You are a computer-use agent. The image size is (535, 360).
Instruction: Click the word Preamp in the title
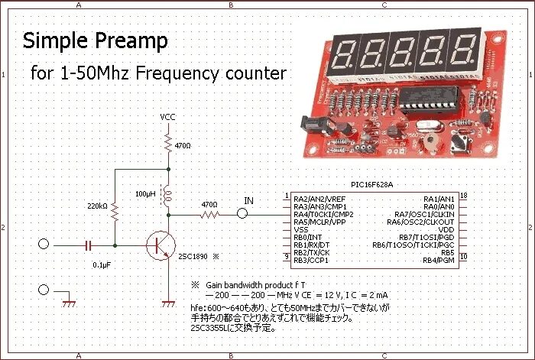131,40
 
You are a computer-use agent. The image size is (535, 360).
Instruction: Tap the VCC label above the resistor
167,117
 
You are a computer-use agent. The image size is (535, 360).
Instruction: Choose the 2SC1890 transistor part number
193,257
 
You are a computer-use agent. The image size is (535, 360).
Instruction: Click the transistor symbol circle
160,245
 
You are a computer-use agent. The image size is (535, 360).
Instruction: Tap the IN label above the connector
248,201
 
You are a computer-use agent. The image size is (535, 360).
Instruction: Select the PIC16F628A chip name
373,185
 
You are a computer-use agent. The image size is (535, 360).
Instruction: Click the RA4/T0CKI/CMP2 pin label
323,214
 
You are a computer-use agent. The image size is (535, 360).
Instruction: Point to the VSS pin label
301,229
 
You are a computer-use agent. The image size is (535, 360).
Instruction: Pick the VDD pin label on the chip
447,229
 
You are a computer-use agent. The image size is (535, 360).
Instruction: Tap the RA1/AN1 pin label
439,199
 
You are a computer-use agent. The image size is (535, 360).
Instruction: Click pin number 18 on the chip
464,196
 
